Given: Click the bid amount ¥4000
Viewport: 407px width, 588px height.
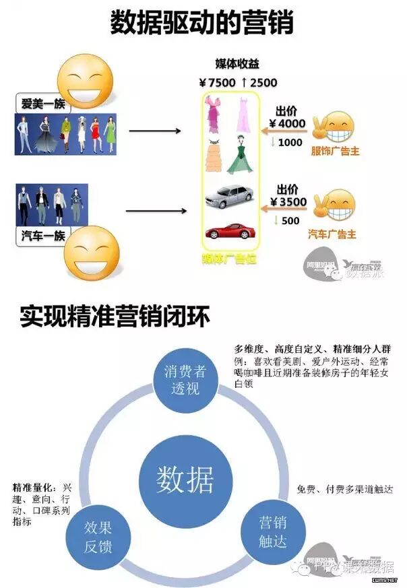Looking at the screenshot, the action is [288, 124].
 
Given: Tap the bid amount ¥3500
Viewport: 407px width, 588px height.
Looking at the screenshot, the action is [288, 201].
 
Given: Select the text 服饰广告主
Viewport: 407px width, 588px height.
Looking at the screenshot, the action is [335, 151].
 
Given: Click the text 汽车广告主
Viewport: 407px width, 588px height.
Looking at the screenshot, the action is [332, 234].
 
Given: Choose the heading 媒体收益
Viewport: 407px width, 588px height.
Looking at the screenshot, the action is [237, 64].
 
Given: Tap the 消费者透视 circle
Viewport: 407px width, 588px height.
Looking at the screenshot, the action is [182, 379].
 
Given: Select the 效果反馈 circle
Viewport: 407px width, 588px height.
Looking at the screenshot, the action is [98, 535].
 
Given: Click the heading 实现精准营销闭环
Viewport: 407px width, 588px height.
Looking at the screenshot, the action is [115, 315].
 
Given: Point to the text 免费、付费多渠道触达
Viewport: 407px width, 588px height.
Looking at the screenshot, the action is [344, 489].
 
